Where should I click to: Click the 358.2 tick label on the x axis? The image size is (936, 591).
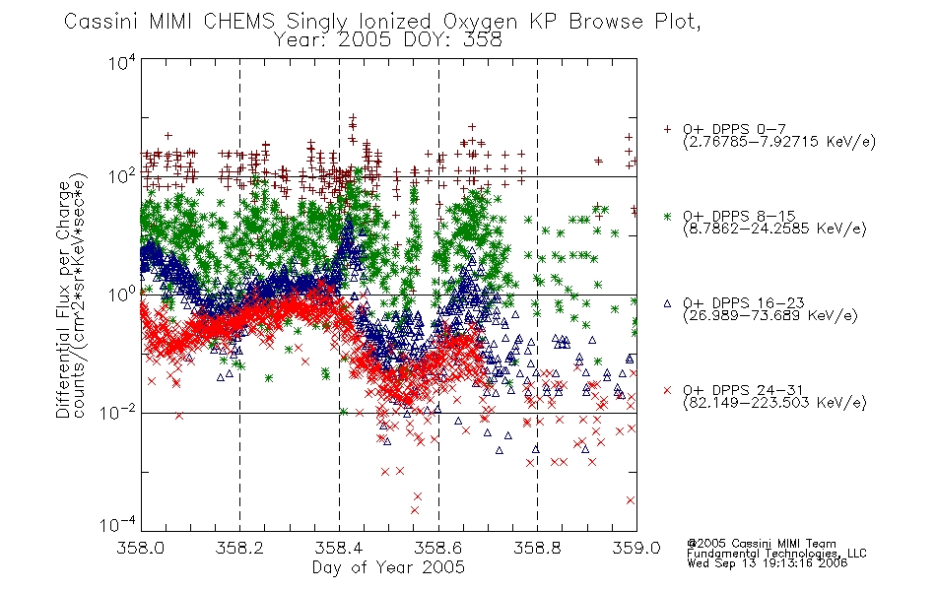(239, 548)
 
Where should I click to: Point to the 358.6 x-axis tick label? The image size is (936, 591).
(438, 548)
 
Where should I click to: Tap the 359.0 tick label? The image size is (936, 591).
(636, 548)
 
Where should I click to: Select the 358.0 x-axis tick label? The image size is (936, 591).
(140, 548)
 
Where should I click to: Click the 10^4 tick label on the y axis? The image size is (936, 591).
(122, 62)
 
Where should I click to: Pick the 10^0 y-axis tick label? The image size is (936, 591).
(122, 294)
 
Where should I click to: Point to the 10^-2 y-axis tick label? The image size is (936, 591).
(118, 412)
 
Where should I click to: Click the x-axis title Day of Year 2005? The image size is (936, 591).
(388, 567)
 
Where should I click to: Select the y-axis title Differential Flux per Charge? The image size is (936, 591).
(63, 299)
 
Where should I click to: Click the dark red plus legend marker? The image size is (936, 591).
(667, 129)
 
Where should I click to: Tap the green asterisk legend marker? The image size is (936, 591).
(667, 216)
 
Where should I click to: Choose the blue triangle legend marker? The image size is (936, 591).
(667, 303)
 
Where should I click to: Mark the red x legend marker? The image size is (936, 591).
(667, 390)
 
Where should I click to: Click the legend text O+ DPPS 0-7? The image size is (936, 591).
(735, 129)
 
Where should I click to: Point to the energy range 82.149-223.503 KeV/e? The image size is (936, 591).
(774, 402)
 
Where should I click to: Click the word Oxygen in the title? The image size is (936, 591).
(480, 22)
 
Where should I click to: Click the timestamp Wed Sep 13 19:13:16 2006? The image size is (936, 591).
(768, 563)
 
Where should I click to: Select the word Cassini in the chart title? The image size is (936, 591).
(100, 22)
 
